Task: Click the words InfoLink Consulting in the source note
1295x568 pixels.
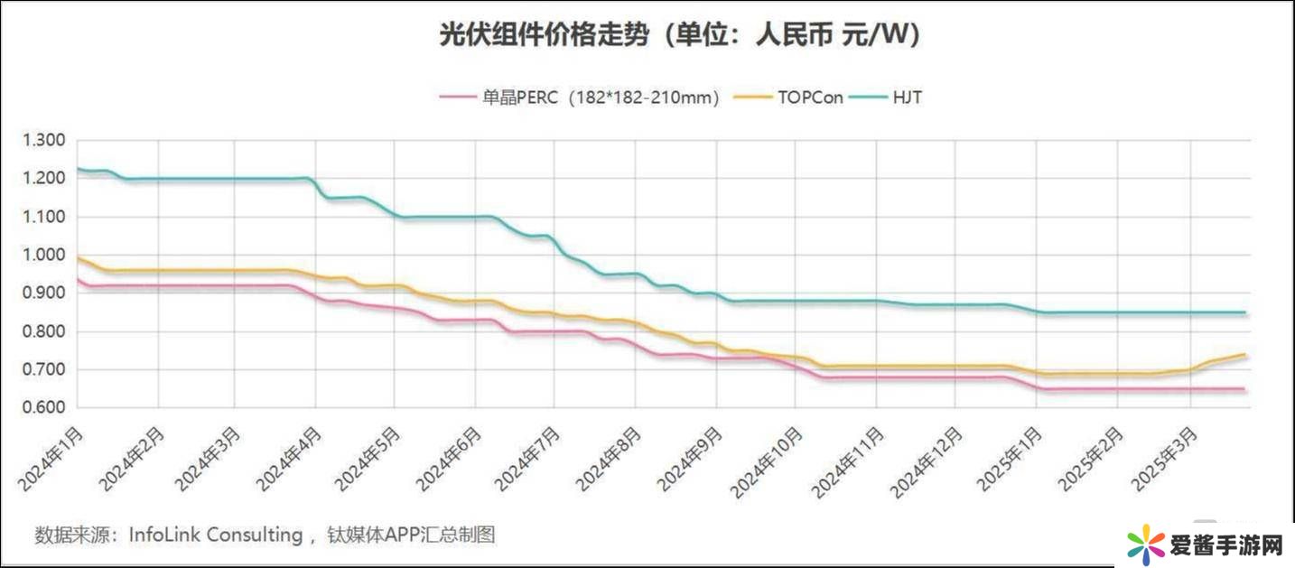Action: [x=215, y=535]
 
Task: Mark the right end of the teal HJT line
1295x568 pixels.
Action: [x=1245, y=312]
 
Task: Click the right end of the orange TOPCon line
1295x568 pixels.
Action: [x=1245, y=355]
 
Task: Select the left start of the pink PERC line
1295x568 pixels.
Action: [x=78, y=280]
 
